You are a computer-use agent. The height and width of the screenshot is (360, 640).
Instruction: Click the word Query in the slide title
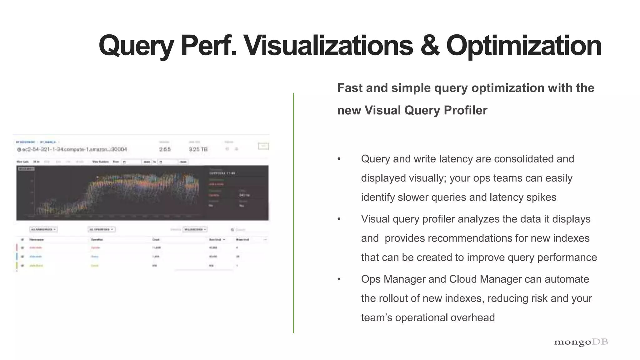coord(136,46)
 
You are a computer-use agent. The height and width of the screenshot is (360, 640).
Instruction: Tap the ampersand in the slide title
coord(429,46)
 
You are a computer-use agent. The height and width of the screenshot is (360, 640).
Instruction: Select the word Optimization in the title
coord(524,46)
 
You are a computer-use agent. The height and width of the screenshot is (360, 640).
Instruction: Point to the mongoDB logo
coord(581,342)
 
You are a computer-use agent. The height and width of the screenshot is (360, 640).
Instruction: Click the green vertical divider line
coord(293,212)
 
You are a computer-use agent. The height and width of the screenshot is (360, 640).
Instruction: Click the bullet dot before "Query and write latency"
coord(339,159)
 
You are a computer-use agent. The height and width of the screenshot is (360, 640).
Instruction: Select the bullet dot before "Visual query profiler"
coord(339,219)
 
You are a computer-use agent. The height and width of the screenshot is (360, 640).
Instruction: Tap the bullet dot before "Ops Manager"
coord(339,279)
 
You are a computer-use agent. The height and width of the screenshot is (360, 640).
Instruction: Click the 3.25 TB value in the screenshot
coord(198,149)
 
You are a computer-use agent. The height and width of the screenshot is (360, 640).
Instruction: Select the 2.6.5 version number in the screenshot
coord(165,149)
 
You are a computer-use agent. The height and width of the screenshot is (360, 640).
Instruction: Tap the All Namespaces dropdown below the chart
coord(43,229)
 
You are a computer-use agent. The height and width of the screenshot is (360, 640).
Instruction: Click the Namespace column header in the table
coord(37,240)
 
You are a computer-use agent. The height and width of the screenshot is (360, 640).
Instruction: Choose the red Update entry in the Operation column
coord(95,247)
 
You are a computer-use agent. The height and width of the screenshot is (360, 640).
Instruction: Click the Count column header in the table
coord(156,240)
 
